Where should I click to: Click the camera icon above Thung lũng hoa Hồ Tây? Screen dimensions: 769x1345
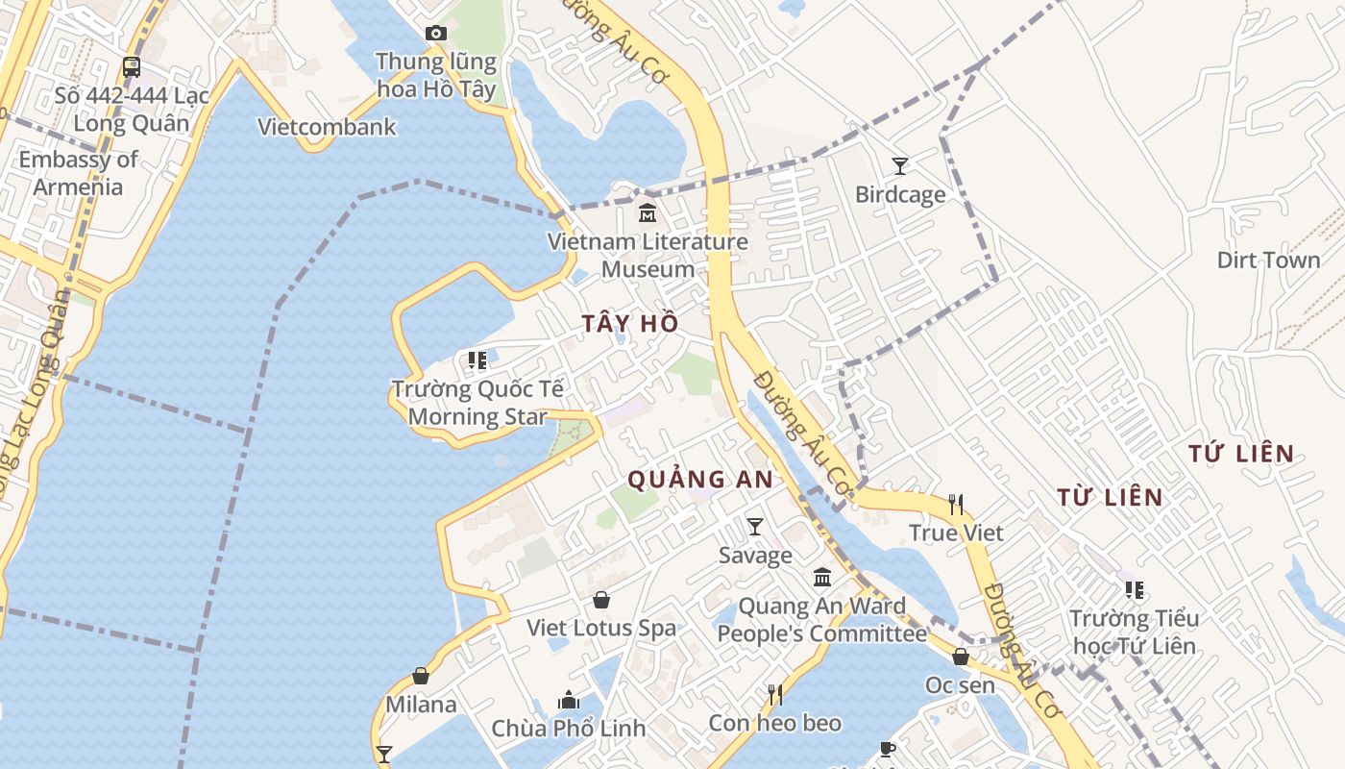coord(436,34)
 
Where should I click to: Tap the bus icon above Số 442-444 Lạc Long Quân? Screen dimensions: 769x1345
coord(132,67)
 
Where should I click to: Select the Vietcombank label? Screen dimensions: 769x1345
coord(327,127)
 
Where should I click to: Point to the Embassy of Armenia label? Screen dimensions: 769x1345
coord(78,173)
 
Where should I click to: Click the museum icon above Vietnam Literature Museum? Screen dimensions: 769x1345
coord(648,212)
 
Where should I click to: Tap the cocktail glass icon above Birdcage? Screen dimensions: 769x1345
coord(899,166)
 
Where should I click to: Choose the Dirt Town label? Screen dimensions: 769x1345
coord(1268,260)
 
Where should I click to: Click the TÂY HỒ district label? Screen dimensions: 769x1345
coord(630,324)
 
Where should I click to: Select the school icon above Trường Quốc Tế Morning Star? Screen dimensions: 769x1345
coord(477,360)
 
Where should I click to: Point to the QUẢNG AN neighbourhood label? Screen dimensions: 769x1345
coord(699,479)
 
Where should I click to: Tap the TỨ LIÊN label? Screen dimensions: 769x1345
coord(1240,454)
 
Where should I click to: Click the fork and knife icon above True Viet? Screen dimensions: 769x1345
coord(955,504)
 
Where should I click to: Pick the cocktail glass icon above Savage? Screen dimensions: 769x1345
coord(755,527)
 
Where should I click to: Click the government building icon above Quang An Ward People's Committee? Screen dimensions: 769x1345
coord(822,578)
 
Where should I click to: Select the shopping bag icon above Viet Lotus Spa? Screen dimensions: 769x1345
coord(601,600)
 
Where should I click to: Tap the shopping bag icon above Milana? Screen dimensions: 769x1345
coord(421,676)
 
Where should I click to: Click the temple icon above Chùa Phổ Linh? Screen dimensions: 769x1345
coord(569,700)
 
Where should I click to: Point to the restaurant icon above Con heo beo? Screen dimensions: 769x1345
coord(774,694)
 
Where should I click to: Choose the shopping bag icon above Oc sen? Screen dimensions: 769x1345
coord(961,657)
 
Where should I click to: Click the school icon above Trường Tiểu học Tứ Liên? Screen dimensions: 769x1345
coord(1134,589)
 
